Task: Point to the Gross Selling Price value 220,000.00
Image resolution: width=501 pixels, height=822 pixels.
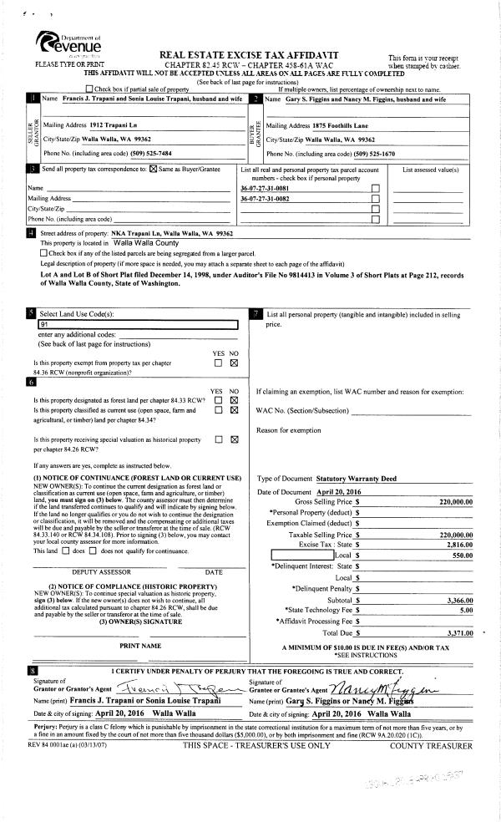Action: tap(456, 502)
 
